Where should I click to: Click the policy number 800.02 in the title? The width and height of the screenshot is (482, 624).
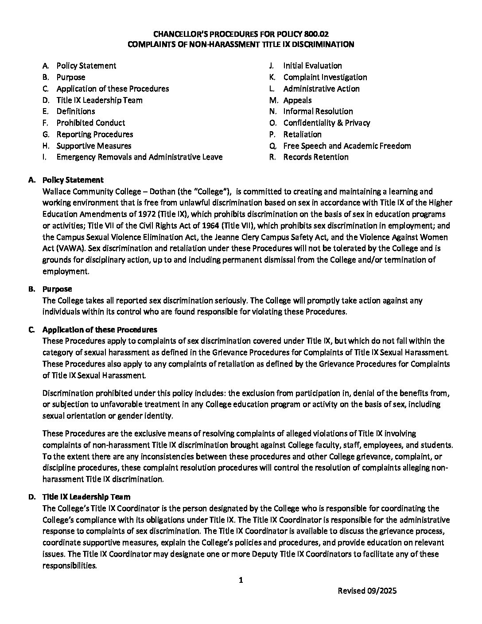pos(317,33)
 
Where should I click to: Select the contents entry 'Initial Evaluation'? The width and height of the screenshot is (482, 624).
pos(312,66)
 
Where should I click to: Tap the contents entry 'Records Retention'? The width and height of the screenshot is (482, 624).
pos(315,157)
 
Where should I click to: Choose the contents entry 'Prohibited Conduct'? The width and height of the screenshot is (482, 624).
pos(90,123)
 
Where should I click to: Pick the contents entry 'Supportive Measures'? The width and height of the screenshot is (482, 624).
pos(93,146)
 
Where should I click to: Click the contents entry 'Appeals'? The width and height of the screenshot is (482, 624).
pos(297,100)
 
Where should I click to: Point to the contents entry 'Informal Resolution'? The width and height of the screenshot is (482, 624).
pos(318,111)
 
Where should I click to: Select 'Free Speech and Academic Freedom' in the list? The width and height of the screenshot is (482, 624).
pos(347,146)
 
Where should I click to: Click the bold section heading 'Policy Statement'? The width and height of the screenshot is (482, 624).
pos(73,180)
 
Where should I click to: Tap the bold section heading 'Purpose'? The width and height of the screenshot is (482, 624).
pos(57,289)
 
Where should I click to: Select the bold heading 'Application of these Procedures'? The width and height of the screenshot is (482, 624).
pos(99,330)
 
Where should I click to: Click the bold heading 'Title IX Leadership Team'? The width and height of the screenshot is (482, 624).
pos(86,497)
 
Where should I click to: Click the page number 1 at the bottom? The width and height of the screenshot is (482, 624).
pos(241,580)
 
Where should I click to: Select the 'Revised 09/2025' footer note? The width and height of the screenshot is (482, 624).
pos(367,591)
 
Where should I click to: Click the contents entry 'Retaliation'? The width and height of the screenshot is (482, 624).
pos(302,134)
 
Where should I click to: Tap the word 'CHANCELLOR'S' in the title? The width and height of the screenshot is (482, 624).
pos(180,33)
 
